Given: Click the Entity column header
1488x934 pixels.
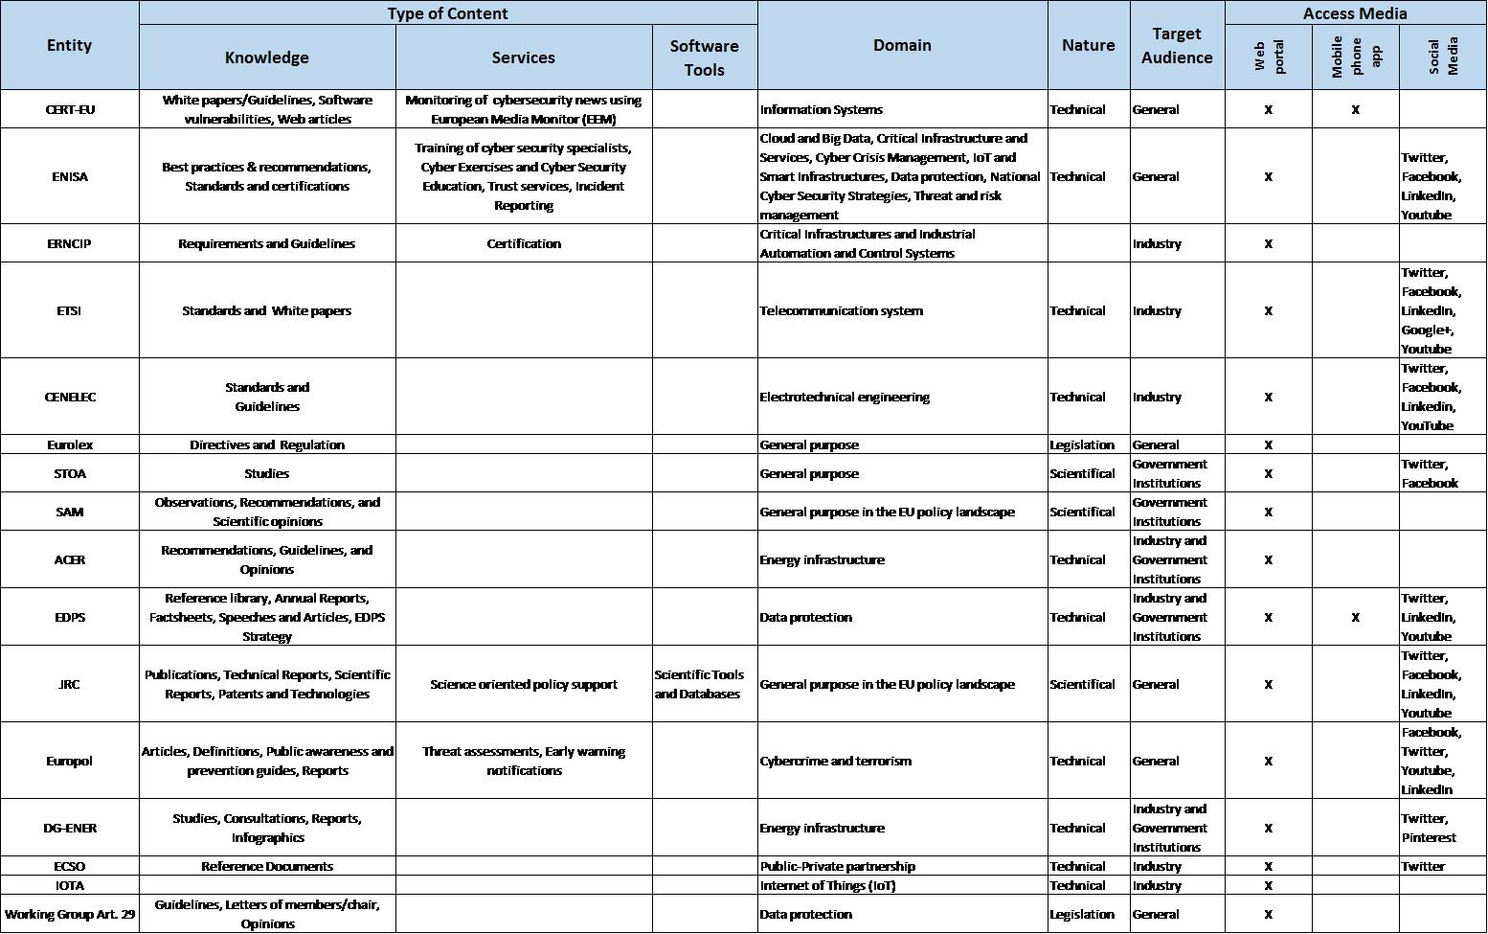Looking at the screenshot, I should pos(69,45).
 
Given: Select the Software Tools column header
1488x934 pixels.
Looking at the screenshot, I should pos(704,57).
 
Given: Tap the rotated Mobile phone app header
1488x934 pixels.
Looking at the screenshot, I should pos(1355,57).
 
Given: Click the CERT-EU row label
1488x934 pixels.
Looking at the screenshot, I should pos(70,109).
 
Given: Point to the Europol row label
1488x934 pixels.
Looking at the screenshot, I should pos(70,761).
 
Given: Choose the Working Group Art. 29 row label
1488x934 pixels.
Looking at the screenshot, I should pos(70,914).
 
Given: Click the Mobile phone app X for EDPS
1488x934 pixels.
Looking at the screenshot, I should pos(1355,618).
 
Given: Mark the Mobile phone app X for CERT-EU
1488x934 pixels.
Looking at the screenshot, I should pos(1355,110).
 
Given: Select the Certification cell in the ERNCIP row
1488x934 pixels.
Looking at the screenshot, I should pos(524,243).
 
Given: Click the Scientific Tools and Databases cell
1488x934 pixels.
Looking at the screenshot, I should pos(700,684).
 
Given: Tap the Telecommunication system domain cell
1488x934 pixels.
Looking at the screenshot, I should pos(842,310).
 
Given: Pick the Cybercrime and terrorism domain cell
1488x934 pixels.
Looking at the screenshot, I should pos(836,761).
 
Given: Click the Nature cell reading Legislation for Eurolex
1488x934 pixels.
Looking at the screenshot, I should pos(1082,444).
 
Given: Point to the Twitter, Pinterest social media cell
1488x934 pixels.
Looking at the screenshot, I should pos(1429,828).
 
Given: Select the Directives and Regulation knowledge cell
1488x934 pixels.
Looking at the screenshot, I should pos(267,444).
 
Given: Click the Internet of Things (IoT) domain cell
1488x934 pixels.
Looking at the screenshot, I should pos(827,885).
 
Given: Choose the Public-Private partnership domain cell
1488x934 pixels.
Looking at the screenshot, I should pos(838,866).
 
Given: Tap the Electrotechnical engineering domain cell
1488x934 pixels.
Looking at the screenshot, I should pos(845,397).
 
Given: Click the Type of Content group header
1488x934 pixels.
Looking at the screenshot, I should pos(447,13).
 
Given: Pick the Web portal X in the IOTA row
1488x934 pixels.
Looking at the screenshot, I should pos(1268,886).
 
